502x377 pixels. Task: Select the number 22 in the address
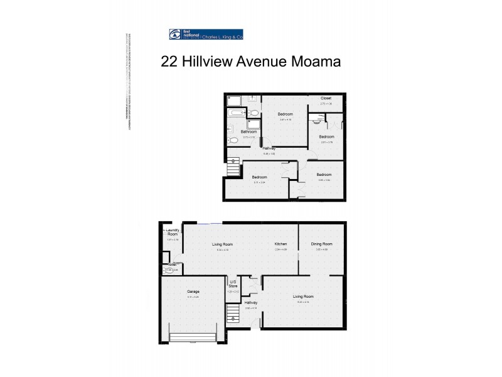(169, 62)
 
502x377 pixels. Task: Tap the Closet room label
(326, 99)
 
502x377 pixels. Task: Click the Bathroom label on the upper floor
(248, 131)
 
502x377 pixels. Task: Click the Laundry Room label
(173, 232)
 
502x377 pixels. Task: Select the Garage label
(193, 292)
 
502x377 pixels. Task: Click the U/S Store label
(233, 283)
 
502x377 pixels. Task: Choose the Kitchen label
(280, 244)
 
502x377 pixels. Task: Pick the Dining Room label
(321, 244)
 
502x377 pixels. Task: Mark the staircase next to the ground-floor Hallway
(233, 312)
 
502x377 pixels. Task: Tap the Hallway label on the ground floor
(252, 302)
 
